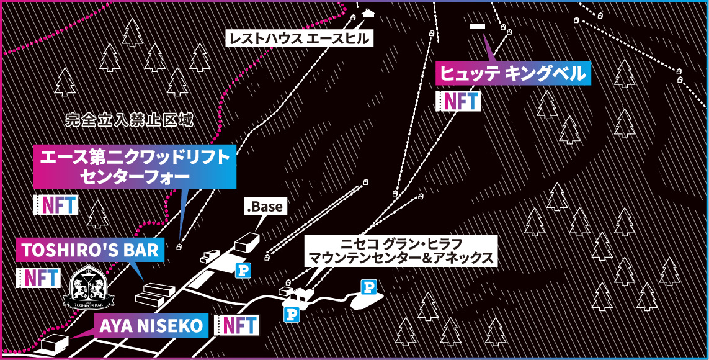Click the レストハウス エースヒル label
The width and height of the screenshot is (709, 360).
coord(300,39)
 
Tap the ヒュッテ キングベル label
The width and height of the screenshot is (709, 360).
coord(513,73)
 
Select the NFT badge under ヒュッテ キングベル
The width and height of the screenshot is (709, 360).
coord(458,101)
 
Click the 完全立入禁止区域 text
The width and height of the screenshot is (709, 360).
coord(129,119)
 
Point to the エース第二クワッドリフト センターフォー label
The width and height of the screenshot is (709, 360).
coord(135,166)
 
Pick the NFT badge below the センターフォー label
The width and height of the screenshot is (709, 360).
coord(56,205)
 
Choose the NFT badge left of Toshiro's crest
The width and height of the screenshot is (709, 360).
coord(38,277)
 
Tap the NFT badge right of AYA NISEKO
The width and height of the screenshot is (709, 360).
coord(236,325)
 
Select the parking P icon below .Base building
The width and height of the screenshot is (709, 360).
coord(243,270)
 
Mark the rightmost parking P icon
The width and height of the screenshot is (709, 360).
coord(369,287)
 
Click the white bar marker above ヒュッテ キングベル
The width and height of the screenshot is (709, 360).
coord(478,27)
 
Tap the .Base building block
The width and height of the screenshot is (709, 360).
coord(246,241)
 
